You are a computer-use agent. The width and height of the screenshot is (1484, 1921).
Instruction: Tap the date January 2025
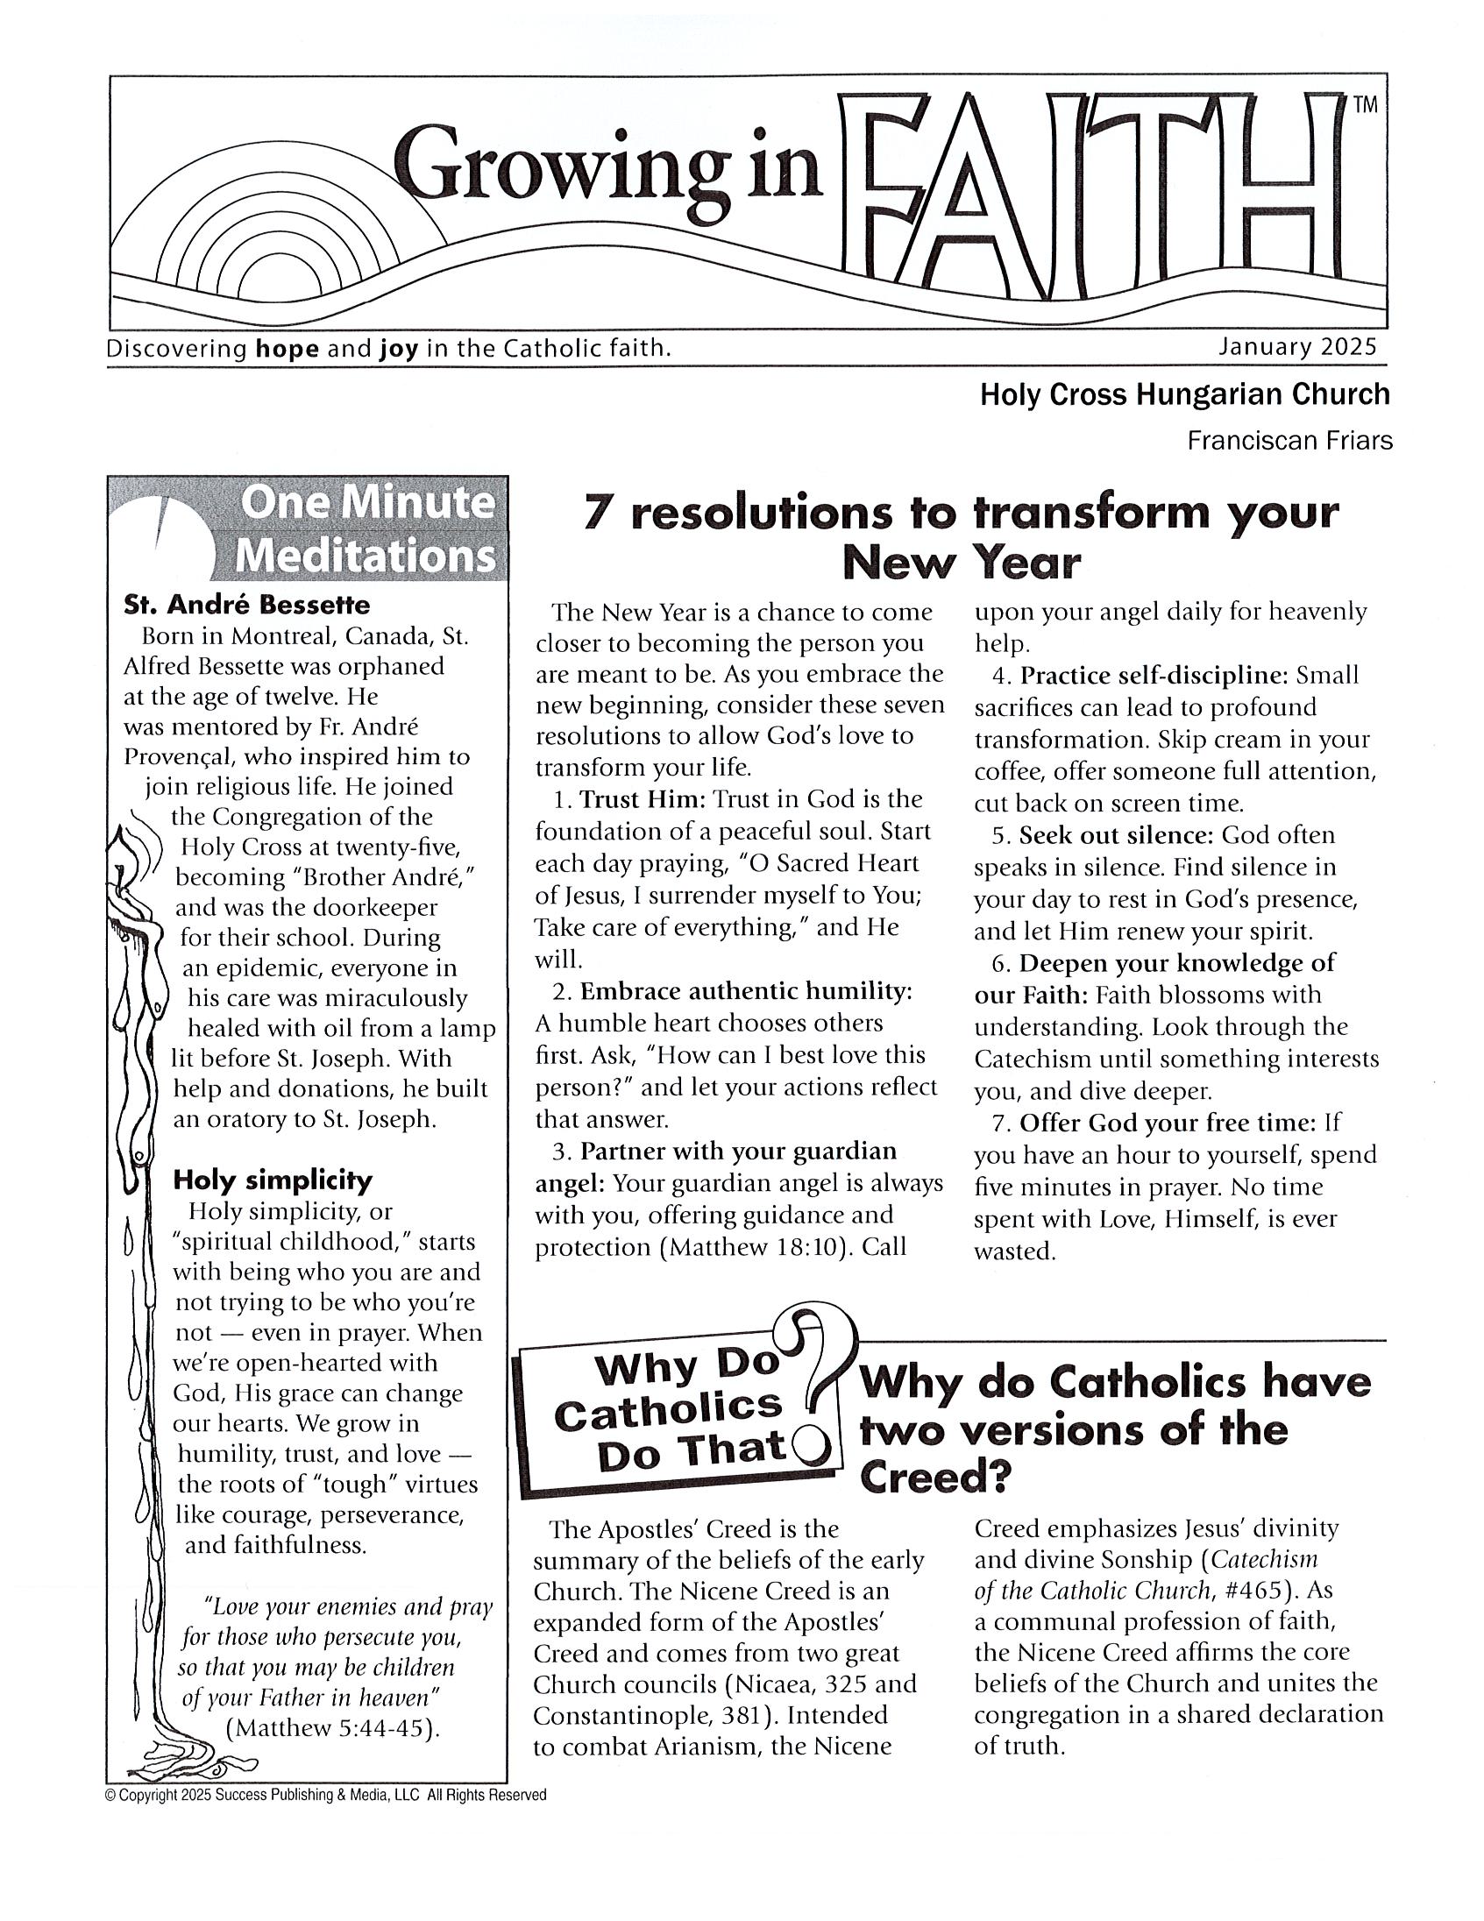click(x=1296, y=346)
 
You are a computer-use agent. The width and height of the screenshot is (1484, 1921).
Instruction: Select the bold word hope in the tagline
click(x=286, y=349)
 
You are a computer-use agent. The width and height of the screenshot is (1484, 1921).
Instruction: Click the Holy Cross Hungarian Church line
click(x=1184, y=394)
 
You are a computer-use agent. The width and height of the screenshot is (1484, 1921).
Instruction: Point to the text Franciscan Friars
click(x=1289, y=440)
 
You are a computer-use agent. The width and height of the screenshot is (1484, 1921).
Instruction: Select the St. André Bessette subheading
click(x=247, y=606)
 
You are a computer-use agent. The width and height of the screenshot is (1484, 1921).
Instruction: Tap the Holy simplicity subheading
click(x=272, y=1180)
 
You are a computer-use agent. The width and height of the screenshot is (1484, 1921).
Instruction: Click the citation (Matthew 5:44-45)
click(x=332, y=1727)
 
